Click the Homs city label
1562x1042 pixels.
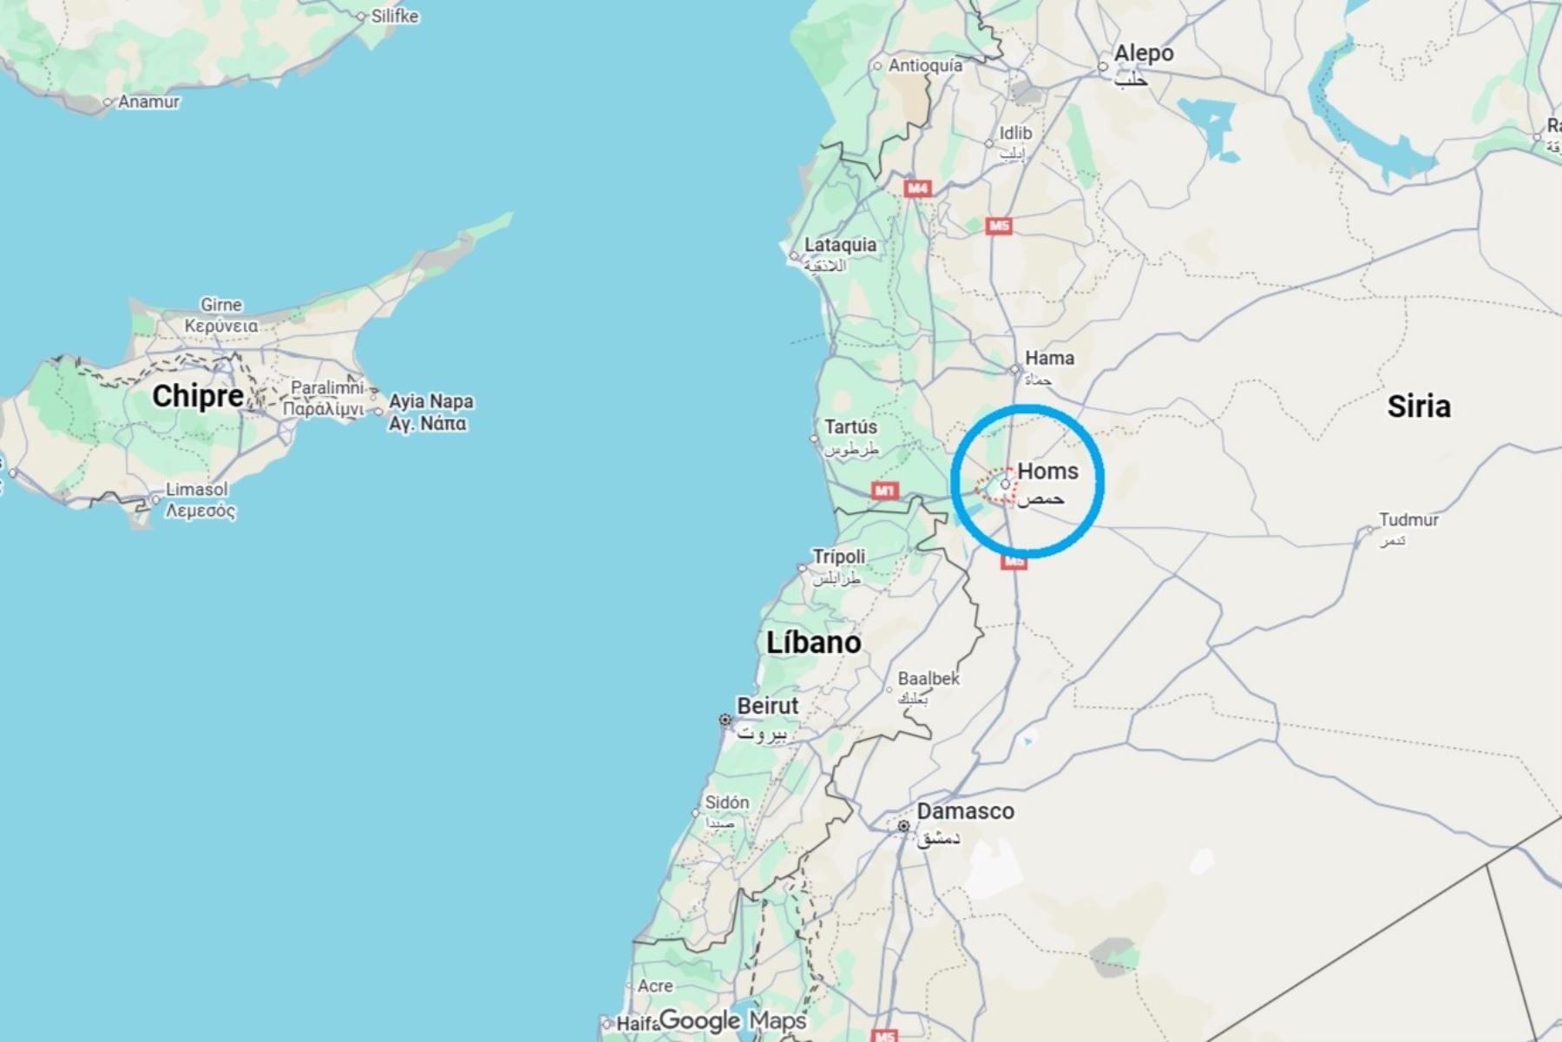point(1047,472)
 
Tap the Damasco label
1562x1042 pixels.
point(965,812)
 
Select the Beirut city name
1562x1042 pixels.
point(767,706)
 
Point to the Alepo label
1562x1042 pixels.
point(1143,54)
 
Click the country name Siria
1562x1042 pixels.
point(1419,406)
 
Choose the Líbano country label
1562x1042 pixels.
point(813,643)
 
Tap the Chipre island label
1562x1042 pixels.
point(198,397)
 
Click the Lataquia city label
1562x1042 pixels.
point(839,245)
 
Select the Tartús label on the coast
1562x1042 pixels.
point(850,427)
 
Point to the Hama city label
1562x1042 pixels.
point(1049,358)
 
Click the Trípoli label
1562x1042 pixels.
point(838,557)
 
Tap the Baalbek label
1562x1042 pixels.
point(929,678)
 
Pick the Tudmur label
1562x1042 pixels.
point(1408,520)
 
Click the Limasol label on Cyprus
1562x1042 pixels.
point(197,490)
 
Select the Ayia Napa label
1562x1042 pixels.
point(430,402)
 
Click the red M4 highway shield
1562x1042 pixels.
point(917,188)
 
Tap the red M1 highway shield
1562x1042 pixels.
point(884,491)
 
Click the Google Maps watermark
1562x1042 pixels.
point(732,1021)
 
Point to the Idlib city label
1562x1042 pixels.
point(1015,133)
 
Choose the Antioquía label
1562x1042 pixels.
point(925,65)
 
